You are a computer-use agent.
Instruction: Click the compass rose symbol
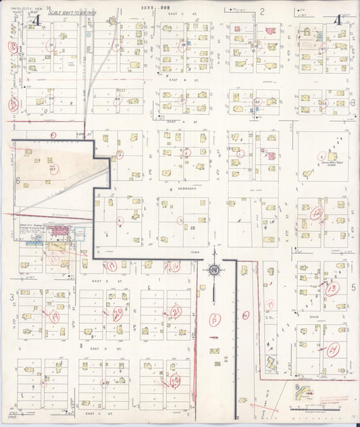[213, 271]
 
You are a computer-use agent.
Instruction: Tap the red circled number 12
[317, 214]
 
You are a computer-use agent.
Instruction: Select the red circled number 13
[332, 288]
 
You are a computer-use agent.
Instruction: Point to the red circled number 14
[332, 351]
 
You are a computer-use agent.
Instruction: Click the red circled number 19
[53, 316]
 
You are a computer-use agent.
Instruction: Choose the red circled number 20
[118, 313]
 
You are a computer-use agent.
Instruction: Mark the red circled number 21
[176, 311]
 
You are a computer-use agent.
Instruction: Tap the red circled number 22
[176, 381]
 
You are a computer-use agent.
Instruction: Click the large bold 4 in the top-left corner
[36, 21]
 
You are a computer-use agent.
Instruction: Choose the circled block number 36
[182, 46]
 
